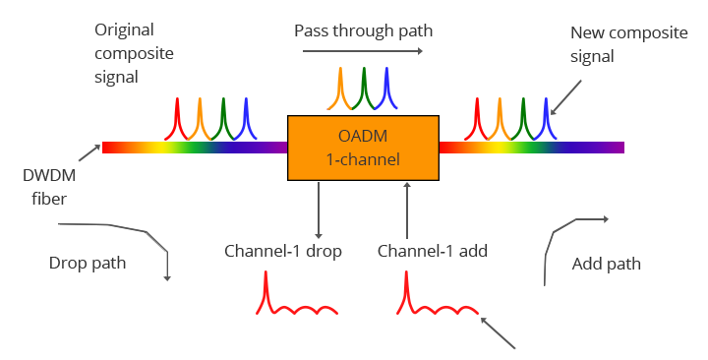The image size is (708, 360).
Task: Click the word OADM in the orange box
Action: (363, 137)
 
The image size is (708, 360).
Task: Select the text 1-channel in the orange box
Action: (363, 158)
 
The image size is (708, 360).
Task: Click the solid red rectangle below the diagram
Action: (296, 298)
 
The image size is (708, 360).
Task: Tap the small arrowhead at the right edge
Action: (603, 219)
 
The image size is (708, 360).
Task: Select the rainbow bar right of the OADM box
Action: (531, 148)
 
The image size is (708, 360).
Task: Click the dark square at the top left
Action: (134, 54)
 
